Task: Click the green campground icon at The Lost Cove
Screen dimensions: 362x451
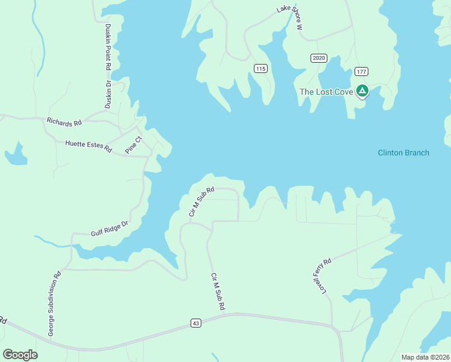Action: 362,91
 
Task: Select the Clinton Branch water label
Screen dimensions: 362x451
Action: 403,153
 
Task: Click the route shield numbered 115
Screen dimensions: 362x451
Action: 260,69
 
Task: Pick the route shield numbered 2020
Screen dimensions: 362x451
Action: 319,58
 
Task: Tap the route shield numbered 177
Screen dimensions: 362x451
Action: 361,71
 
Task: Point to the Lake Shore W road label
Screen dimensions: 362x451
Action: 289,17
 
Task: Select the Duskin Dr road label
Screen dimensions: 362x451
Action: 109,94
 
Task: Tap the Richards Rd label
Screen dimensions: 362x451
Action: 64,122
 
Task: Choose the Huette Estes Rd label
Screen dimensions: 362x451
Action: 89,145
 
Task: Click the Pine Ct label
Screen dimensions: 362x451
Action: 133,145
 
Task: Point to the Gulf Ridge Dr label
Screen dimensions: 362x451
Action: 110,227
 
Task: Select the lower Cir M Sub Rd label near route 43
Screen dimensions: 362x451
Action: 218,292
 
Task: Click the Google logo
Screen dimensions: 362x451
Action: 20,354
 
